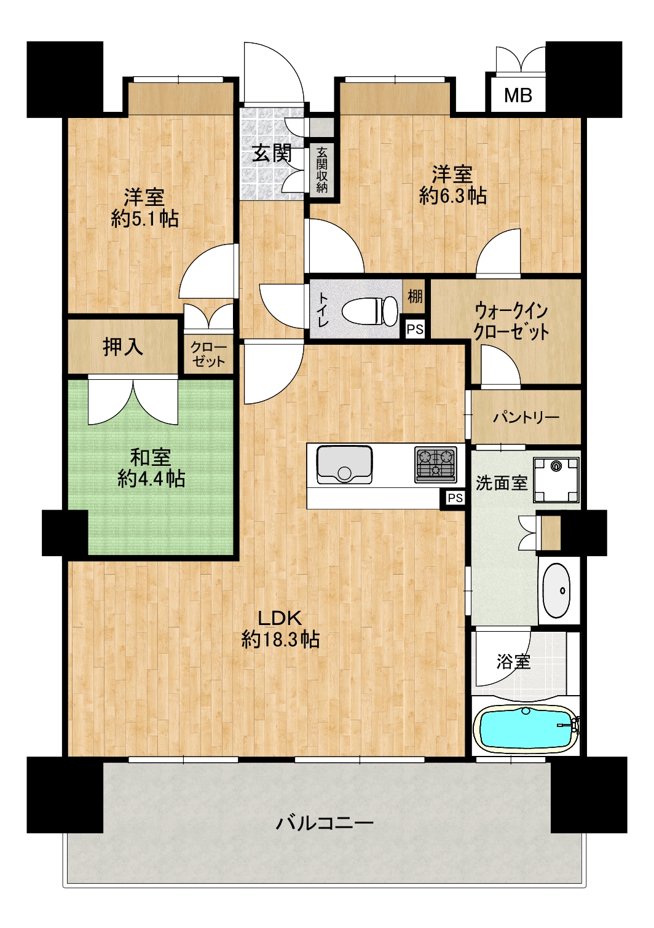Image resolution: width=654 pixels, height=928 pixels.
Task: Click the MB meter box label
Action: point(518,96)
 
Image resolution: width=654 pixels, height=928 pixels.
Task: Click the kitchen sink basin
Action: point(344,465)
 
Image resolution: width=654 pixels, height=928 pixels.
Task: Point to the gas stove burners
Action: point(436,464)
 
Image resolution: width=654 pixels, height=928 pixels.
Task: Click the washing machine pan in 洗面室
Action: point(556,480)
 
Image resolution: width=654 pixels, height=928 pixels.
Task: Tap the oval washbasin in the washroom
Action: point(557,591)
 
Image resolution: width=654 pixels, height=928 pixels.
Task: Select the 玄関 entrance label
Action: point(272,154)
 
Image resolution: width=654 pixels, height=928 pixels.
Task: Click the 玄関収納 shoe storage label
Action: point(321,170)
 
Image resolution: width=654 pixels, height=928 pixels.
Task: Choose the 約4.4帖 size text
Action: point(151,480)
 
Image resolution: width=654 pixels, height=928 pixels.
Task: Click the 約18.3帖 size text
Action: point(280,640)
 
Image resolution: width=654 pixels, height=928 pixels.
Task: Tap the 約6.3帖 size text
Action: point(452,195)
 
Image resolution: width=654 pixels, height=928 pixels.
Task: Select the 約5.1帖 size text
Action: point(144,219)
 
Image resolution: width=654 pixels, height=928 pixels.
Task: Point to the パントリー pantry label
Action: point(526,417)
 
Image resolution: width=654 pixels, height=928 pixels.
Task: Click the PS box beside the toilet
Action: point(415,329)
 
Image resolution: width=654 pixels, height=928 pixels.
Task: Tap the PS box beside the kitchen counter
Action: point(455,498)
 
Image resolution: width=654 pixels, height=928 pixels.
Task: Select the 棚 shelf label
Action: point(415,296)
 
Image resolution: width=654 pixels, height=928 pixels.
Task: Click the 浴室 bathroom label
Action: point(513,662)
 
